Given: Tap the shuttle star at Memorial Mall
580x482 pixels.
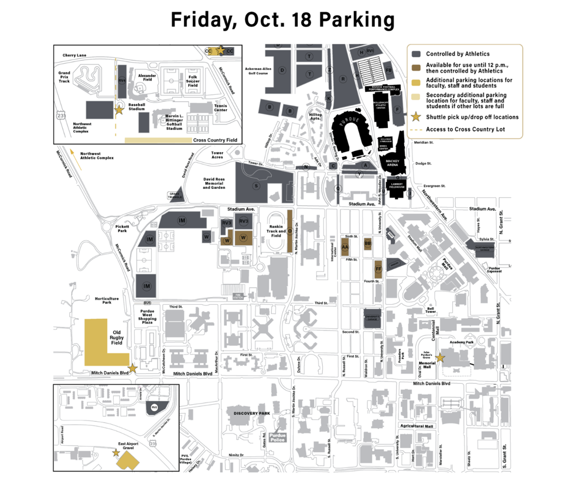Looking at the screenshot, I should (440, 357).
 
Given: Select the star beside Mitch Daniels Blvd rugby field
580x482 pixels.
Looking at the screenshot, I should (133, 368).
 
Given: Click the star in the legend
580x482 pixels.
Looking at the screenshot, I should (415, 117).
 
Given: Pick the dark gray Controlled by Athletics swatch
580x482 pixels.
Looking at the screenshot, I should (415, 54).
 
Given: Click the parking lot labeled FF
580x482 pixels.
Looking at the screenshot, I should (378, 269).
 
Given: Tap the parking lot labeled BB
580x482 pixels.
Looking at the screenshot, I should (368, 243).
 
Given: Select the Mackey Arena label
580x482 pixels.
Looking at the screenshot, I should (393, 163).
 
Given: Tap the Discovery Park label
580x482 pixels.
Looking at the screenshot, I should (251, 414).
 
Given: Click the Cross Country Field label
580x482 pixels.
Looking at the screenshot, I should (215, 140).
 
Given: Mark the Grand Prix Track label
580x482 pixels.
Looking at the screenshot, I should (64, 77).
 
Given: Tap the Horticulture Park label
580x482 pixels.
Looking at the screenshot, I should (107, 300).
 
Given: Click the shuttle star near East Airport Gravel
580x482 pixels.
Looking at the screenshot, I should (115, 452).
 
